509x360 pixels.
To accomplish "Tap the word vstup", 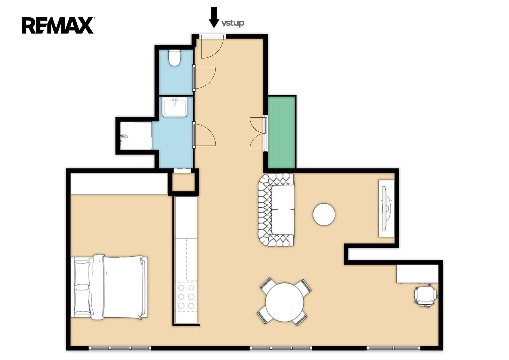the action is coord(233,23).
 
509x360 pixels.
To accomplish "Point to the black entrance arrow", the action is coord(214,17).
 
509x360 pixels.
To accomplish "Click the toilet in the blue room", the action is coord(175,58).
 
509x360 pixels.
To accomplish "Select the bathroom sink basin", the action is coord(175,107).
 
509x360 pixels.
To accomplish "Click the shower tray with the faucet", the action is coord(136,136).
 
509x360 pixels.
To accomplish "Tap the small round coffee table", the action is coord(324,214).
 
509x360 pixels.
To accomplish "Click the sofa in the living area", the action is coord(276,210).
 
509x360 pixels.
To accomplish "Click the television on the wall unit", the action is coord(386,208).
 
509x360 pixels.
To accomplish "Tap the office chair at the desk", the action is coord(426,296).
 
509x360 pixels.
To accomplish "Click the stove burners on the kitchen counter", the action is coord(186,297).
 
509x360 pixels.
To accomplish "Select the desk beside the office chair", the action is coord(417,274).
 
